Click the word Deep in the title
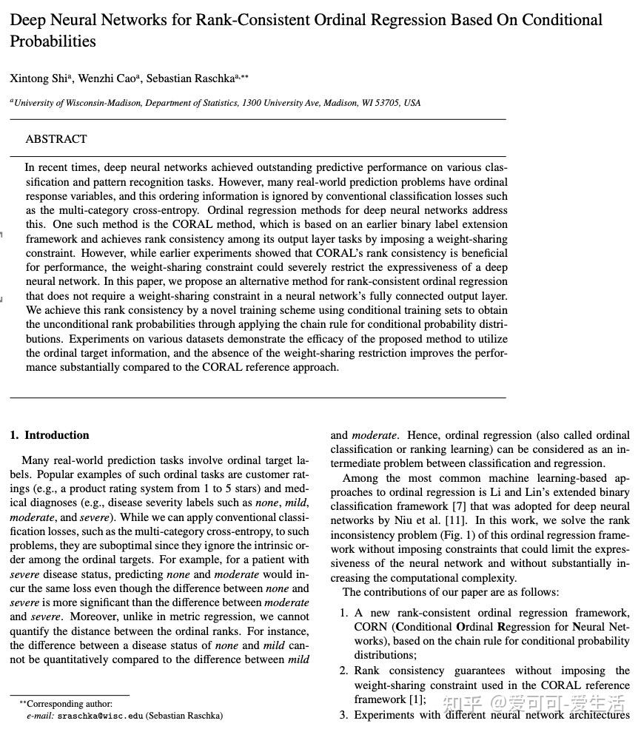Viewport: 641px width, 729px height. (29, 20)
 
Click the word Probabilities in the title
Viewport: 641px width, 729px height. (53, 41)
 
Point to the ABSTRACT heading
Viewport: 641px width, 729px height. (56, 139)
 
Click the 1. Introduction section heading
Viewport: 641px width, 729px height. (50, 435)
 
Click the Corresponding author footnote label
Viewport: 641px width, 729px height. (67, 704)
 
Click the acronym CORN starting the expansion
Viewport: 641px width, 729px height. (369, 628)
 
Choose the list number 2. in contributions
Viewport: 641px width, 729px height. (343, 671)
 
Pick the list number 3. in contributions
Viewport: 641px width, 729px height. (343, 715)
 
